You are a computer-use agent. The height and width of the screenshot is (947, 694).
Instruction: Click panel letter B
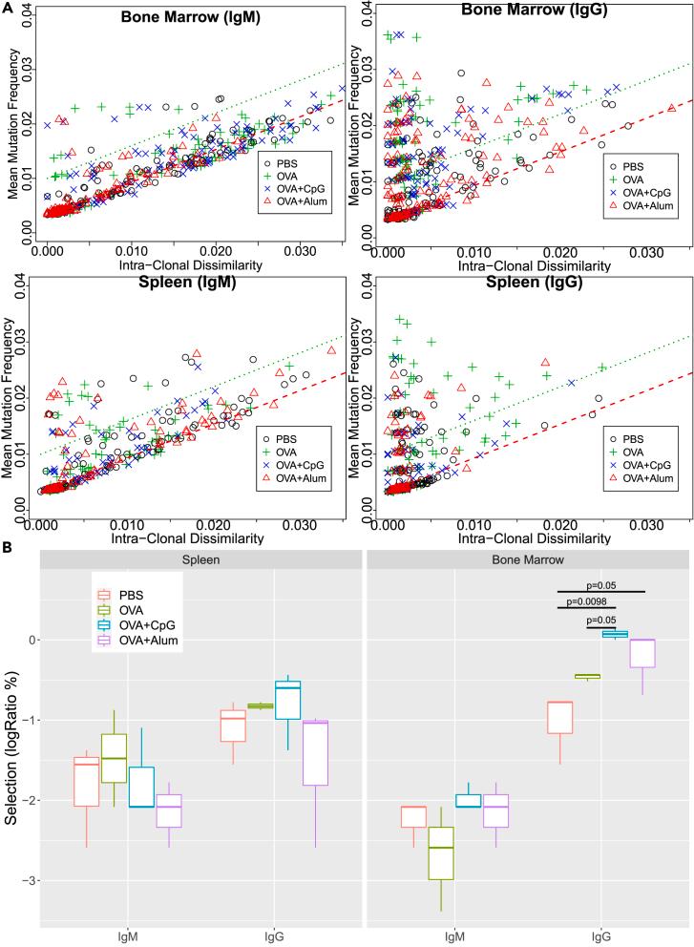[x=8, y=551]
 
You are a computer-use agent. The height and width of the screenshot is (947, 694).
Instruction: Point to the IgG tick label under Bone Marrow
[x=601, y=936]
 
